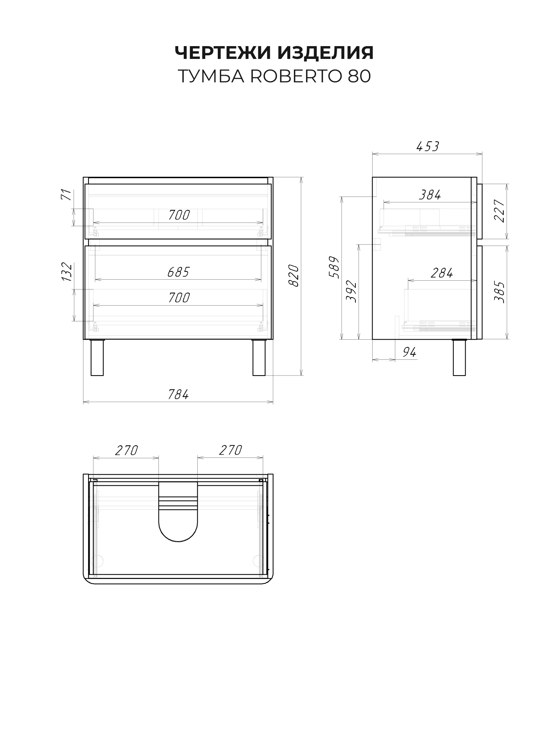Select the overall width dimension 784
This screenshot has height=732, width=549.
point(178,394)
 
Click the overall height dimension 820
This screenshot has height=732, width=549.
point(294,276)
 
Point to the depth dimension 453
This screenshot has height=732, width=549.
point(427,146)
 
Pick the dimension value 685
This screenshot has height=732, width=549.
point(178,272)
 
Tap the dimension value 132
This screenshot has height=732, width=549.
point(67,272)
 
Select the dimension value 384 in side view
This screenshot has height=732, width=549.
point(430,195)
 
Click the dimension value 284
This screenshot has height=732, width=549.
point(442,273)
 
